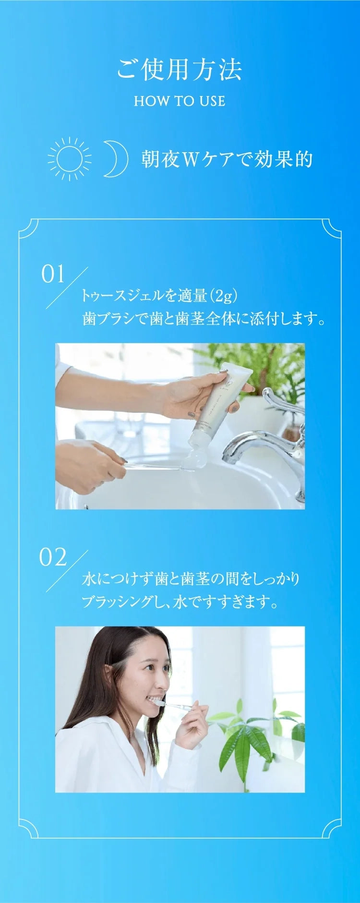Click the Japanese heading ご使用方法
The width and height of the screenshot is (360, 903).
(x=180, y=70)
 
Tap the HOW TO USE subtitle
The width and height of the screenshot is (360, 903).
(x=180, y=101)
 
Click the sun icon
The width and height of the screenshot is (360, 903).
(x=70, y=158)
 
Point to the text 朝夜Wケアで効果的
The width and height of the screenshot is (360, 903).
(x=227, y=159)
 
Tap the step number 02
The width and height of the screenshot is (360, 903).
(x=53, y=557)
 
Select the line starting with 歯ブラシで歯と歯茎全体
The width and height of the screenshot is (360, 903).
(x=204, y=318)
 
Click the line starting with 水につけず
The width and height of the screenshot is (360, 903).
(x=191, y=578)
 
